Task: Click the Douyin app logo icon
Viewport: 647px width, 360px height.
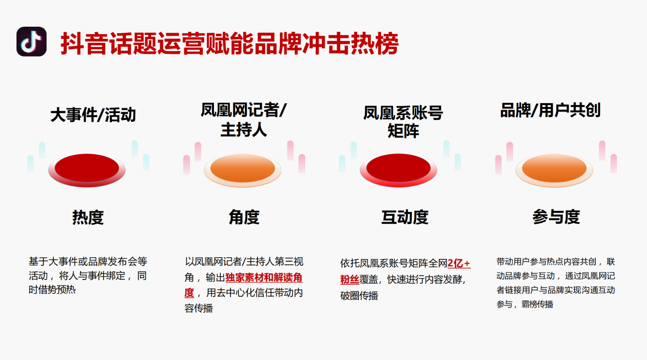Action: click(x=32, y=42)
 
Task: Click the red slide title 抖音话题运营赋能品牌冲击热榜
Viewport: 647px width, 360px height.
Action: click(x=230, y=44)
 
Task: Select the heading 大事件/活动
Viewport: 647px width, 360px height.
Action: click(x=93, y=115)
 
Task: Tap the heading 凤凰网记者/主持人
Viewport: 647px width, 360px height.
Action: click(x=243, y=120)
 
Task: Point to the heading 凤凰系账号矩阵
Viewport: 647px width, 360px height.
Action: click(x=403, y=122)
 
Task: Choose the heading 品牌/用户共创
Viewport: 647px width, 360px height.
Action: click(x=550, y=110)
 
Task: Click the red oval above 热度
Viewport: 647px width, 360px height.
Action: click(x=87, y=170)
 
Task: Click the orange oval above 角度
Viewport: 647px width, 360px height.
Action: click(x=243, y=170)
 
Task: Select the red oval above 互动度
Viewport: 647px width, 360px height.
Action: click(x=398, y=170)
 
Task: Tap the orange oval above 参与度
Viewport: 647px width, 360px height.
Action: click(x=554, y=170)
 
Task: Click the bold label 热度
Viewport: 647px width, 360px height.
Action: click(x=88, y=217)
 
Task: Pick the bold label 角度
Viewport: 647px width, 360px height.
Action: click(x=244, y=217)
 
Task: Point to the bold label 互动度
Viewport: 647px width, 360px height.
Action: click(x=405, y=217)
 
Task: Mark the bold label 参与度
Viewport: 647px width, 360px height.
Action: click(x=556, y=217)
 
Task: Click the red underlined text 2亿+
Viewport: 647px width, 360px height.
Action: click(x=459, y=263)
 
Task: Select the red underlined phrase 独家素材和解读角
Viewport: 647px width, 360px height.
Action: click(x=264, y=277)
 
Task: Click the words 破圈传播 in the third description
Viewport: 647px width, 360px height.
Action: click(x=359, y=296)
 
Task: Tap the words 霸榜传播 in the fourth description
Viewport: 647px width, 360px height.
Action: click(x=537, y=304)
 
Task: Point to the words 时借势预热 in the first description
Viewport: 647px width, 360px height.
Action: click(x=52, y=290)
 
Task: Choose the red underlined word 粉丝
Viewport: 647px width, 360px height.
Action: click(x=349, y=280)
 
